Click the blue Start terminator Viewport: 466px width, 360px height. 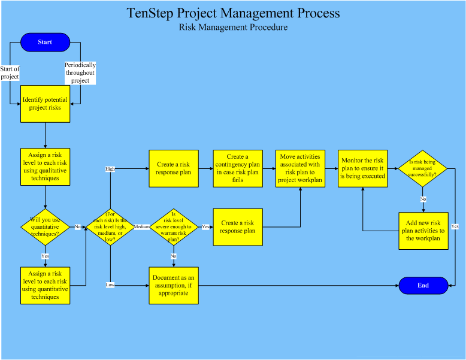(x=45, y=42)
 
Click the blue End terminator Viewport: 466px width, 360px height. (x=423, y=286)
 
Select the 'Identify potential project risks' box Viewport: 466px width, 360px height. (x=45, y=104)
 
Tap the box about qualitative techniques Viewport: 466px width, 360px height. (x=45, y=167)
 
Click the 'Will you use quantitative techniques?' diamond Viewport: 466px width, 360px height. (x=45, y=226)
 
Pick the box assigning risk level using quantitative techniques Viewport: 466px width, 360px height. (x=45, y=285)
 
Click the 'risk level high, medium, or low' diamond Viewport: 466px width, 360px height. (x=110, y=227)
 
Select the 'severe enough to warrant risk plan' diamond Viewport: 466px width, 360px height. (x=174, y=227)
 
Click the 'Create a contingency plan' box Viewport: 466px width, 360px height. (x=238, y=168)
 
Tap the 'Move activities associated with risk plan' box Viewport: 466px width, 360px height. (x=300, y=168)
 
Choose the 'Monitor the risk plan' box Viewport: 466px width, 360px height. (x=362, y=168)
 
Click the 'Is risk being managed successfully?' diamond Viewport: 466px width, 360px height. (x=423, y=168)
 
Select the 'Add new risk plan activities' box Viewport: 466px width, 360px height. (x=423, y=231)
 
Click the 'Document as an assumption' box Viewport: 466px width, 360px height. (x=174, y=285)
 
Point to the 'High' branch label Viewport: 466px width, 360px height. (x=110, y=169)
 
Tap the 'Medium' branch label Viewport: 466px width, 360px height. (x=141, y=227)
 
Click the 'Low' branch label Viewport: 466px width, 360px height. (x=110, y=285)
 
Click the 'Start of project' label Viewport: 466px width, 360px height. (x=10, y=73)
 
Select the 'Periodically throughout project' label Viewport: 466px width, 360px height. (x=80, y=73)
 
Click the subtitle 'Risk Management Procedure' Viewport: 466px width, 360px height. (x=233, y=28)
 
